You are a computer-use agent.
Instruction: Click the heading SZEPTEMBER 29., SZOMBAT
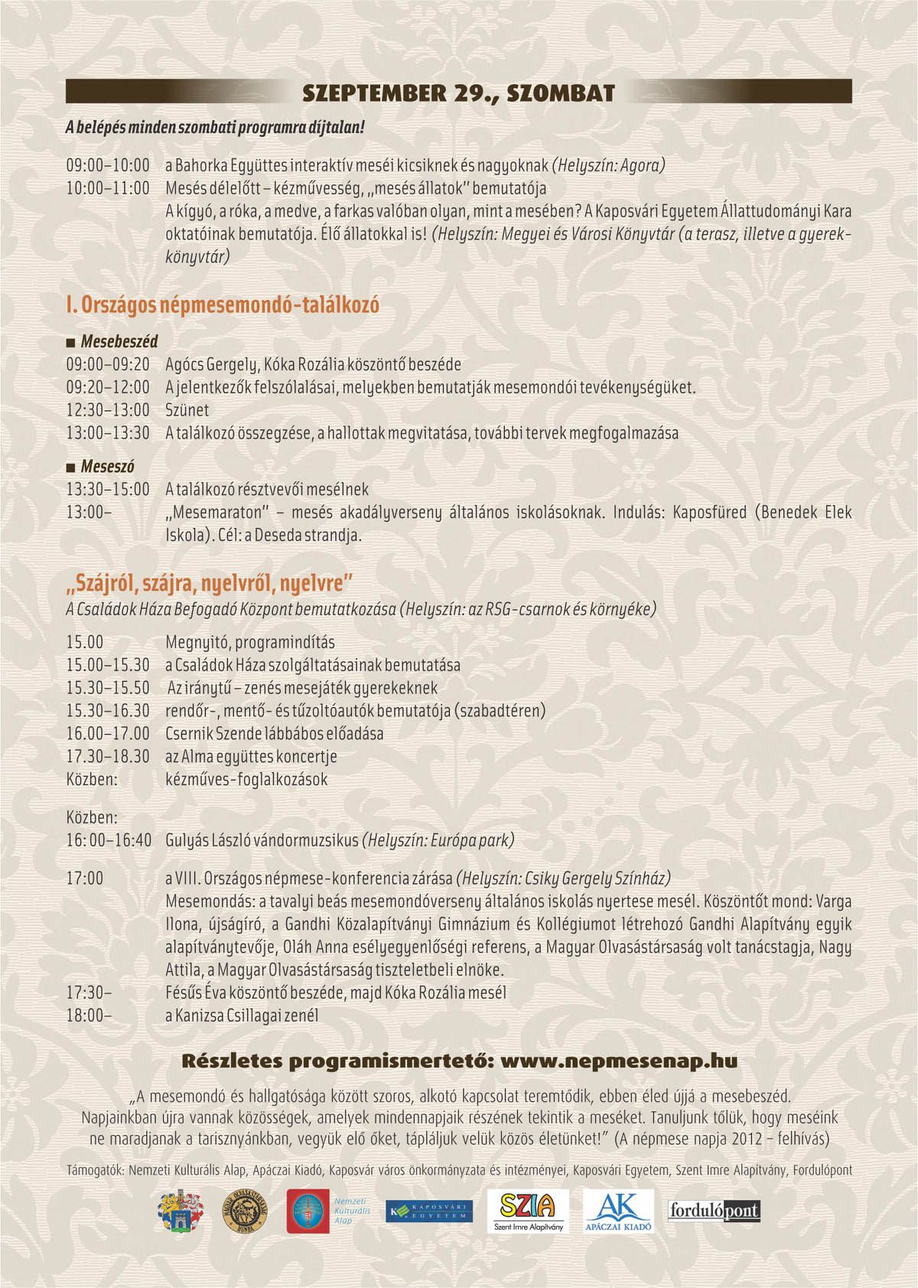[458, 93]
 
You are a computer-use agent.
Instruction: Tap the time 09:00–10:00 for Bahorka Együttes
[108, 165]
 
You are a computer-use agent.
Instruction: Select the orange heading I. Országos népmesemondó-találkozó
[223, 305]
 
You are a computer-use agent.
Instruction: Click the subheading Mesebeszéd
[119, 341]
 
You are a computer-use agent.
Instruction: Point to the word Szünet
[187, 410]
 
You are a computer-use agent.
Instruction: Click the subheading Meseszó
[107, 466]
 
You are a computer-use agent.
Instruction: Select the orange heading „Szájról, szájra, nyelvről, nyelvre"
[209, 584]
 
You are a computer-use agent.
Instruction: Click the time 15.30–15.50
[108, 688]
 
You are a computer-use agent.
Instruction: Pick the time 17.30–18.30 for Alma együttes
[108, 756]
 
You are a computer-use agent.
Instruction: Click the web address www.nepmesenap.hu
[619, 1061]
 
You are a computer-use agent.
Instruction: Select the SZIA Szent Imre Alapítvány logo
[528, 1211]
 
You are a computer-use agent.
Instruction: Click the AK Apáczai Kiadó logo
[618, 1211]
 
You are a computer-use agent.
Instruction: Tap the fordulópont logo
[714, 1211]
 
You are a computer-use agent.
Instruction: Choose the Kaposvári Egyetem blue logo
[429, 1211]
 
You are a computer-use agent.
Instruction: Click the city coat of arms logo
[181, 1211]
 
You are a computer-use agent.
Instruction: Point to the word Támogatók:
[96, 1170]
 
